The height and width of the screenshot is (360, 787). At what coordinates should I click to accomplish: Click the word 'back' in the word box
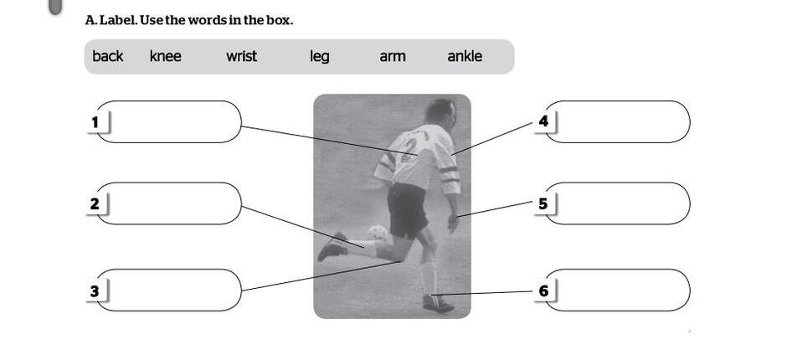[107, 56]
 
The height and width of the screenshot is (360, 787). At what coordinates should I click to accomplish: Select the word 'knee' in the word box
[165, 56]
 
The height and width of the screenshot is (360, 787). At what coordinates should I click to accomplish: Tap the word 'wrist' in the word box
[241, 56]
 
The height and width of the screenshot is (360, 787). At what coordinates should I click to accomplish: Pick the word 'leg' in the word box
[320, 57]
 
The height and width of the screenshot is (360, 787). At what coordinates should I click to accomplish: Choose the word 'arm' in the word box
[393, 57]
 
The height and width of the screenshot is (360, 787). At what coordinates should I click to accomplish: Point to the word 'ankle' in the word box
[465, 56]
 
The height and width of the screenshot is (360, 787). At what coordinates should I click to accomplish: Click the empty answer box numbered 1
[168, 122]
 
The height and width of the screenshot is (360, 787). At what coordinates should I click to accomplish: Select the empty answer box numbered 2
[168, 203]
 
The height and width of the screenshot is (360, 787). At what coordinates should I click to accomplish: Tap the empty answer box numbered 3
[168, 291]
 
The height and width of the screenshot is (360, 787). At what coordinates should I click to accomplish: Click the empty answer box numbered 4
[617, 122]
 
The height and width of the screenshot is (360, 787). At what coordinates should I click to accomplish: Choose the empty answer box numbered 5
[617, 203]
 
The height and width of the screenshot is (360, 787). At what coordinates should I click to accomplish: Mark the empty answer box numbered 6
[617, 291]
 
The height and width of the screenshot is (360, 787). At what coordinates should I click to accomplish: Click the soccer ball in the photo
[378, 233]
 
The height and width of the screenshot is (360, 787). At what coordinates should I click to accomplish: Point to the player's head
[441, 112]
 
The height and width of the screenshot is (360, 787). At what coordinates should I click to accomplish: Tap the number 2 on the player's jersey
[410, 150]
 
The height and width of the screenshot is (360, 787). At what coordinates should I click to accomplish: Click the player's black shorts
[407, 210]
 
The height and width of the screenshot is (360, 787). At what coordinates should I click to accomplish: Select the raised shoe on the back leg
[332, 246]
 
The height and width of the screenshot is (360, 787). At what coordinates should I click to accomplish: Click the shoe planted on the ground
[438, 303]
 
